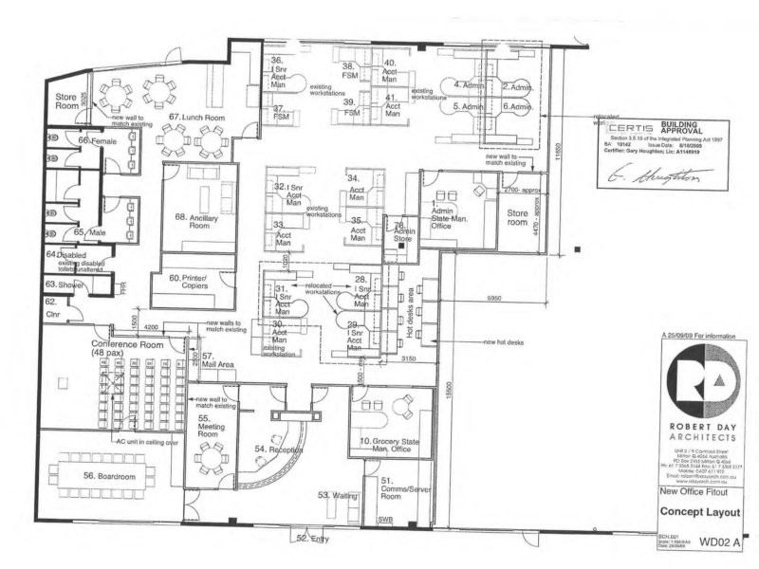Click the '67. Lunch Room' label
coord(197,117)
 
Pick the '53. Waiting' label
coord(336,495)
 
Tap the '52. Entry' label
coord(314,539)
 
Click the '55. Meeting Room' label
coord(210,423)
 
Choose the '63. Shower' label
coord(65,284)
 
